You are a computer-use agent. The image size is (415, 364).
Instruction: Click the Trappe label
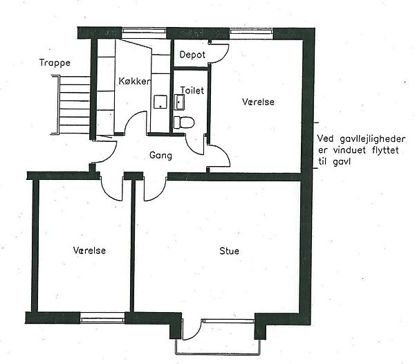point(55,63)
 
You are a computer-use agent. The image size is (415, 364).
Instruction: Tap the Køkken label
point(134,81)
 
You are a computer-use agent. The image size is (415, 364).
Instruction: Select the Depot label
point(192,55)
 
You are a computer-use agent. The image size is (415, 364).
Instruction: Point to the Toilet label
point(192,90)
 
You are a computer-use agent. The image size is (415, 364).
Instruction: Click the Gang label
point(160,156)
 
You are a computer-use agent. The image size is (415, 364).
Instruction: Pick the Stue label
point(229,251)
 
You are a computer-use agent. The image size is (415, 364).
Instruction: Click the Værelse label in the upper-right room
point(258,102)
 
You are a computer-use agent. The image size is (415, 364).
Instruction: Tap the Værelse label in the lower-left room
point(89,251)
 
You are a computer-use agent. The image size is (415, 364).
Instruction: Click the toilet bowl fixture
point(184,122)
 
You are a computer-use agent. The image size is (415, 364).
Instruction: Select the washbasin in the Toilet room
point(179,102)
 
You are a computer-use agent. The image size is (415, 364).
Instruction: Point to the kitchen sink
point(160,102)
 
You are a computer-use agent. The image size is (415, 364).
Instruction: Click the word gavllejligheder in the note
point(369,140)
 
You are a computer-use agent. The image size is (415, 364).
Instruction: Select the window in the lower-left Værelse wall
point(102,318)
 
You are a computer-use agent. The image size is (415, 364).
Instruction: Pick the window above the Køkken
point(144,32)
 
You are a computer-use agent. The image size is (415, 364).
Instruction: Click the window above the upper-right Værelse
point(251,32)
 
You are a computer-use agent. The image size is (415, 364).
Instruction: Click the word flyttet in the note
point(385,150)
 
